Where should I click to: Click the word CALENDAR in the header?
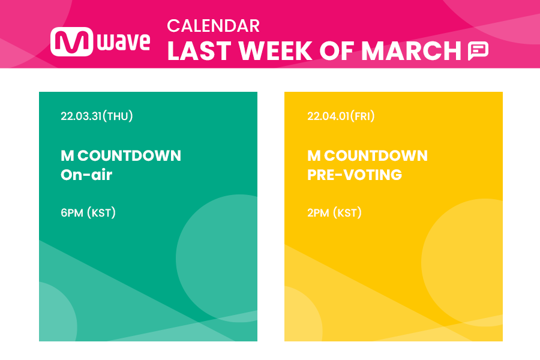[x=213, y=26]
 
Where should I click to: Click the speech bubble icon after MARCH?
[x=478, y=52]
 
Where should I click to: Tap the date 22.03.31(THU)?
[x=97, y=116]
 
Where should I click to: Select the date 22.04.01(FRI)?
[x=341, y=116]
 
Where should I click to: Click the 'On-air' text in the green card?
[x=86, y=175]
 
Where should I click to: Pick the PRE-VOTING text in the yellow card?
[x=355, y=175]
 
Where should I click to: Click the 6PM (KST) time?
[x=88, y=212]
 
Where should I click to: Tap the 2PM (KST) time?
[x=334, y=212]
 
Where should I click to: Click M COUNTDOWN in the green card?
[x=121, y=156]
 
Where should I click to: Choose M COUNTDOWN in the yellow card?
[x=367, y=156]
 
